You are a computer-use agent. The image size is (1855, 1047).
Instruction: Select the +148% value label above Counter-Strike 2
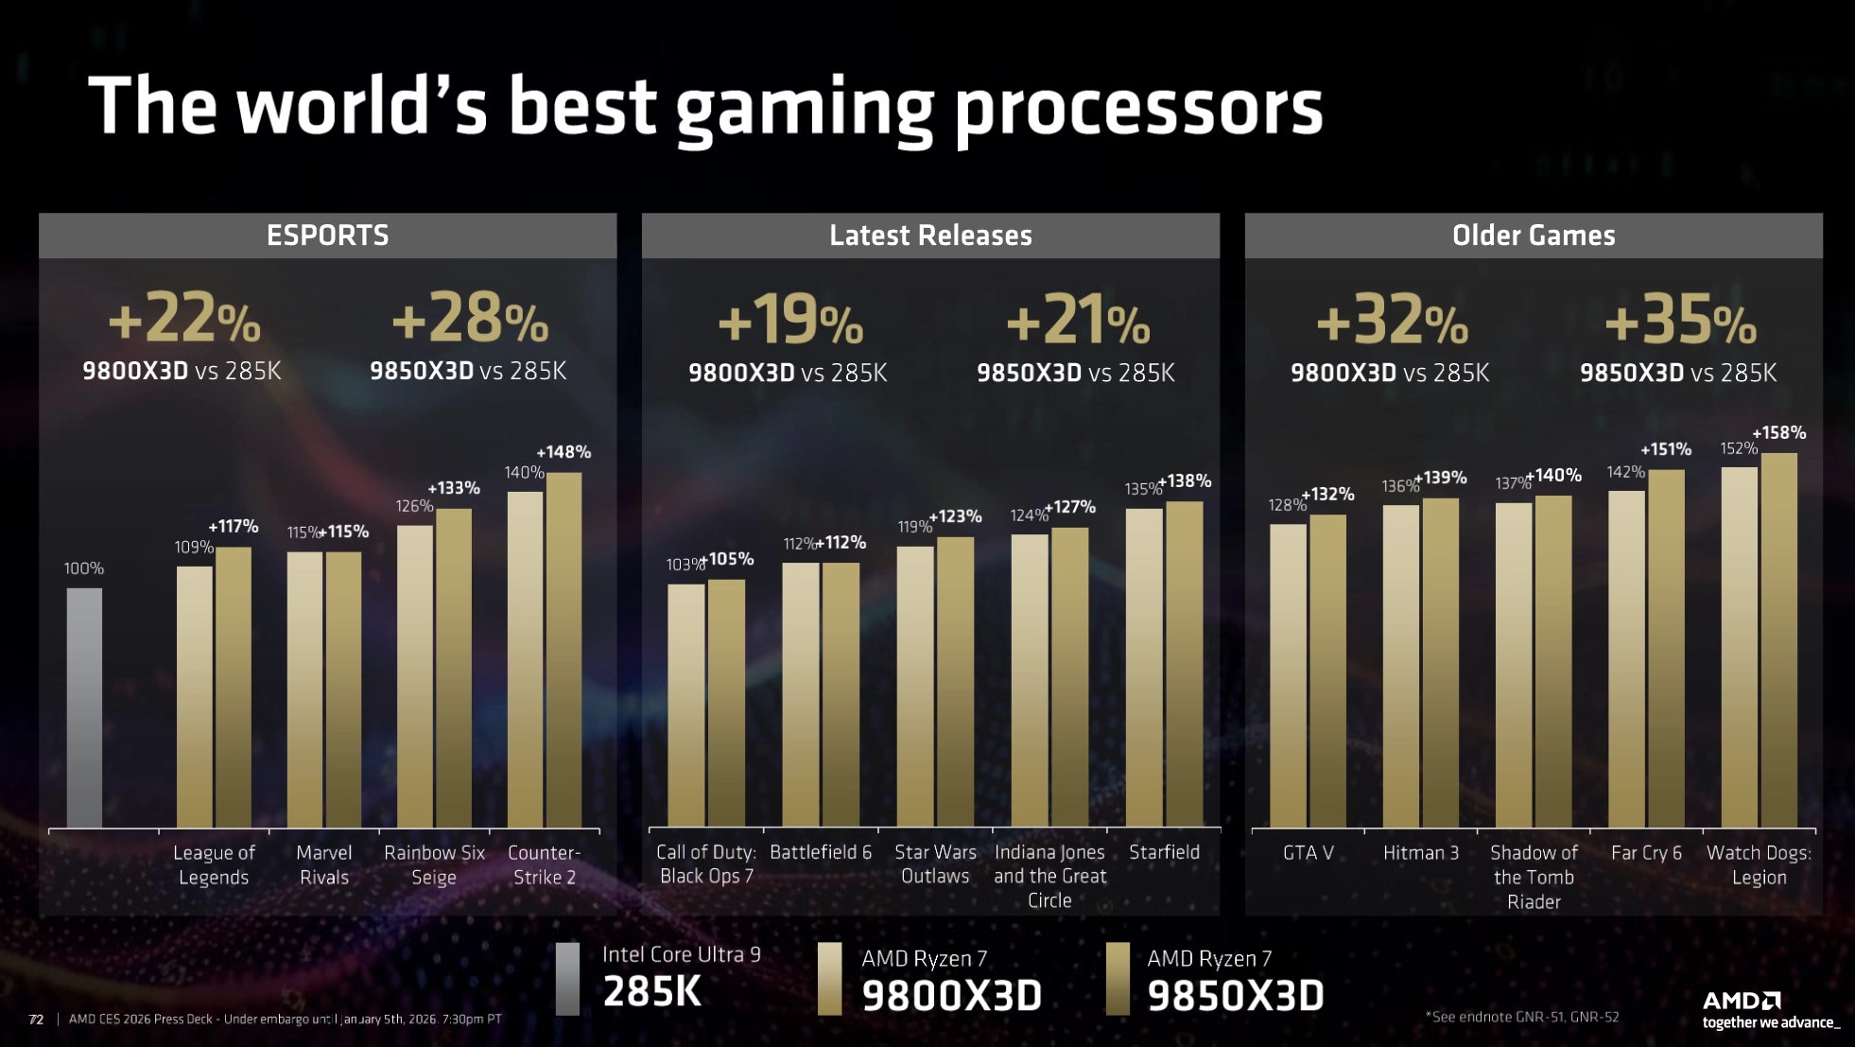coord(563,452)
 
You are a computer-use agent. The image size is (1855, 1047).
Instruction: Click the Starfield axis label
coord(1164,852)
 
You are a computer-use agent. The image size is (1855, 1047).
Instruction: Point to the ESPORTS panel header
coord(327,236)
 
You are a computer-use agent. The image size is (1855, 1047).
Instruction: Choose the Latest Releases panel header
coord(930,236)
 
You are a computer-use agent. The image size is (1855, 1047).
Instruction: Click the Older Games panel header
coord(1534,236)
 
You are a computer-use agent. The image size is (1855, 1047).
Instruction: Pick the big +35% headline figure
coord(1680,321)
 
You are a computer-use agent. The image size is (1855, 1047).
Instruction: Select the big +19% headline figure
coord(790,321)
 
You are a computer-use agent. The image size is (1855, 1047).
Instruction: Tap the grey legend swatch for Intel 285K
coord(567,979)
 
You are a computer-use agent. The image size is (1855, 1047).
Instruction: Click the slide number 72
coord(36,1019)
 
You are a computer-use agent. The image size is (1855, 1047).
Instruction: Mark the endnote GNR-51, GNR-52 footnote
coord(1522,1017)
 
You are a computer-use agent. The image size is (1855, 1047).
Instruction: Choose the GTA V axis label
coord(1308,853)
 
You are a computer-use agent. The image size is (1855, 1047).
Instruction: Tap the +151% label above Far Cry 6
coord(1666,449)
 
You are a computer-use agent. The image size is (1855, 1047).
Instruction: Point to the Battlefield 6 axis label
coord(821,852)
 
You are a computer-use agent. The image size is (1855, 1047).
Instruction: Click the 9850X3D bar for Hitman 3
coord(1440,663)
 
